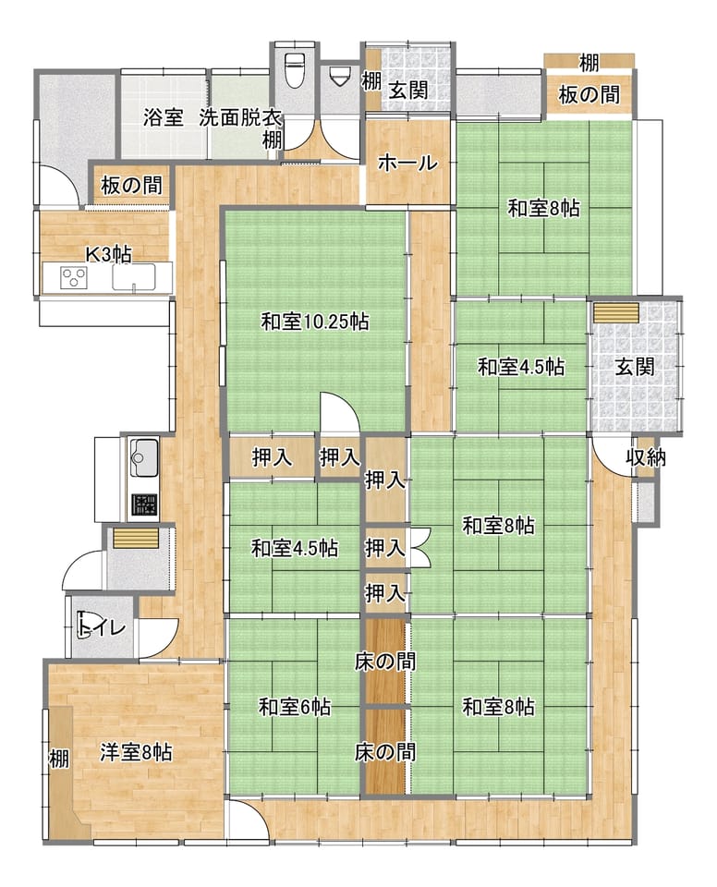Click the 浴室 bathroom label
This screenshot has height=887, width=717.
(x=163, y=117)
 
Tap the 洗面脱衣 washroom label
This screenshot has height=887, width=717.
(x=240, y=117)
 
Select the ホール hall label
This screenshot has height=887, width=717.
(x=407, y=163)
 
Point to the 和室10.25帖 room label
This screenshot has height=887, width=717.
(x=315, y=322)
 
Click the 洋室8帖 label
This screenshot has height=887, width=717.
(x=136, y=753)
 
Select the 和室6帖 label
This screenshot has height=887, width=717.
(x=294, y=707)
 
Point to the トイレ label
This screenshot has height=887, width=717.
(x=102, y=628)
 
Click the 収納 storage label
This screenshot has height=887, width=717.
(x=646, y=457)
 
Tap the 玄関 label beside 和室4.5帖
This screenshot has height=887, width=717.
(x=635, y=367)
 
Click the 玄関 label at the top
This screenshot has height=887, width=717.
(x=408, y=90)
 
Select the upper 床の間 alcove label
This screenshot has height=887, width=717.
(x=385, y=661)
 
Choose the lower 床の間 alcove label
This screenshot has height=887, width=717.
(x=385, y=752)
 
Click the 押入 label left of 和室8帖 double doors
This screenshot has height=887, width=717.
(x=384, y=548)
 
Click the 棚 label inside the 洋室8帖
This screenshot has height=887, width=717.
(x=59, y=758)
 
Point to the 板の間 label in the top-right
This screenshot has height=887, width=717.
(x=589, y=94)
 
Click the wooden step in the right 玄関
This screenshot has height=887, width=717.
(x=615, y=313)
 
